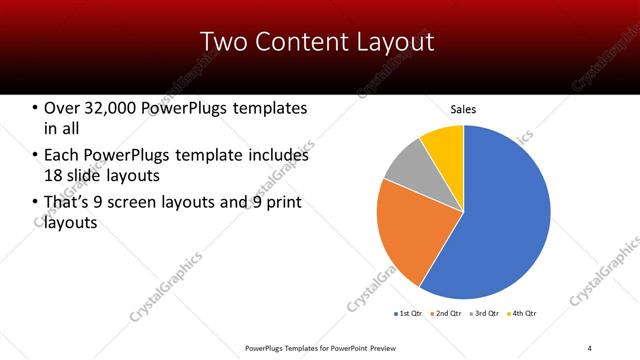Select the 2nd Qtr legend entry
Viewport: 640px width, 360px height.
pyautogui.click(x=445, y=314)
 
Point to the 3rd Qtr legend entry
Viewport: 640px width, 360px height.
pyautogui.click(x=485, y=314)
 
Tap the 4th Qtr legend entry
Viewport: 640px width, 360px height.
pyautogui.click(x=523, y=314)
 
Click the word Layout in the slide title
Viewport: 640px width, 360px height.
pyautogui.click(x=393, y=41)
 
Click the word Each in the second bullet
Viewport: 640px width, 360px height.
pyautogui.click(x=62, y=156)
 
